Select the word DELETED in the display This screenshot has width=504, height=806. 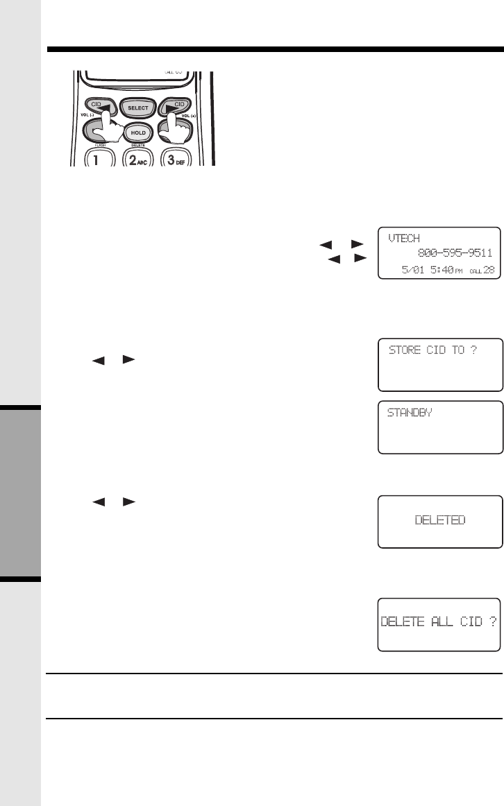click(x=439, y=520)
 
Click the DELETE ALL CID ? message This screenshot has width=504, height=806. click(x=439, y=621)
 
